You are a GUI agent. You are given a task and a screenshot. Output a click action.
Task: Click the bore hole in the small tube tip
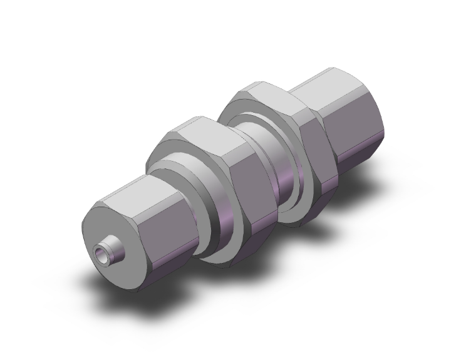pos(101,255)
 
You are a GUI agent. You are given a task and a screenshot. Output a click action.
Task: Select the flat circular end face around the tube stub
pos(106,225)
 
